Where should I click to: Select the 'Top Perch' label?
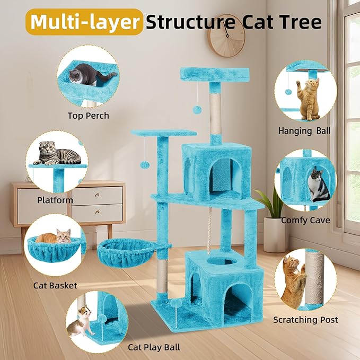click(x=88, y=116)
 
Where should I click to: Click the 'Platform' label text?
click(x=55, y=200)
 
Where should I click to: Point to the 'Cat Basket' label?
click(x=55, y=285)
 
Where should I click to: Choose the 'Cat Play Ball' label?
click(x=154, y=347)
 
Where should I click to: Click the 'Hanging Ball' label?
click(x=304, y=130)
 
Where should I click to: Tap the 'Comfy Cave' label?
click(x=305, y=220)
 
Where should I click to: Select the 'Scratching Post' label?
click(x=305, y=320)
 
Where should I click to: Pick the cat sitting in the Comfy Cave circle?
click(x=318, y=186)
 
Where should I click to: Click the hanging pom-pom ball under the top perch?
click(x=197, y=109)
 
